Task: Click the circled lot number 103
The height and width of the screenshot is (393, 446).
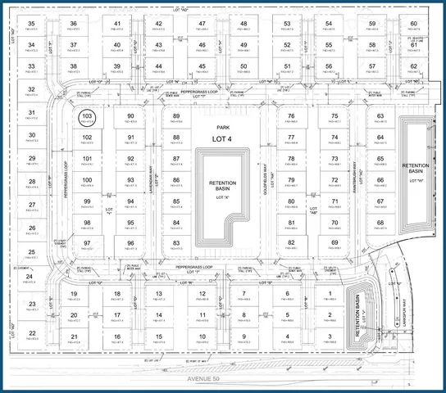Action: pyautogui.click(x=87, y=117)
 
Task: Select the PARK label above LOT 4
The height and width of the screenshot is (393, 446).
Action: pyautogui.click(x=220, y=129)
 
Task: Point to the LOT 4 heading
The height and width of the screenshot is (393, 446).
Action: pyautogui.click(x=220, y=139)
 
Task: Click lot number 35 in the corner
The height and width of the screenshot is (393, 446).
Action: pyautogui.click(x=32, y=24)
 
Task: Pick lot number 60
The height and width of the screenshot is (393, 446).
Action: pyautogui.click(x=414, y=24)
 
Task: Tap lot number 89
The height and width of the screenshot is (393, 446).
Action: pyautogui.click(x=176, y=117)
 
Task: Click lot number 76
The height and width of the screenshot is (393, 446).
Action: pyautogui.click(x=291, y=117)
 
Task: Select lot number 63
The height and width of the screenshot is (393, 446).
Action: pyautogui.click(x=380, y=117)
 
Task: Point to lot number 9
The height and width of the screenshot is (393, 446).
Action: pyautogui.click(x=243, y=337)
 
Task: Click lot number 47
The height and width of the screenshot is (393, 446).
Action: pyautogui.click(x=201, y=24)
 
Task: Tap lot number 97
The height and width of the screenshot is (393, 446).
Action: pyautogui.click(x=87, y=242)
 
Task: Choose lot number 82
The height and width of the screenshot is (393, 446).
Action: pyautogui.click(x=291, y=242)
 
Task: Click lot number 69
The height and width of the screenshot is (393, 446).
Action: pyautogui.click(x=334, y=242)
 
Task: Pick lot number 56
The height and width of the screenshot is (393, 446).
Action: pyautogui.click(x=329, y=66)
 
